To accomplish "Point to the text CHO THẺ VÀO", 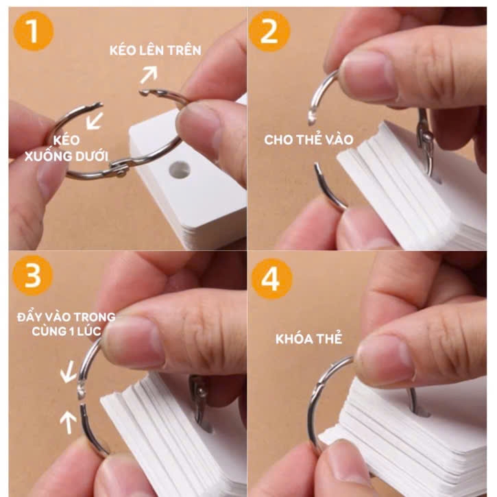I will [308, 140].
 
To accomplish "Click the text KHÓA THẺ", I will [308, 339].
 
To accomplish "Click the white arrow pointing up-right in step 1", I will [149, 73].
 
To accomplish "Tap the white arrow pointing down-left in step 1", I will [93, 121].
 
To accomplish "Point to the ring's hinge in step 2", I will [426, 138].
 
